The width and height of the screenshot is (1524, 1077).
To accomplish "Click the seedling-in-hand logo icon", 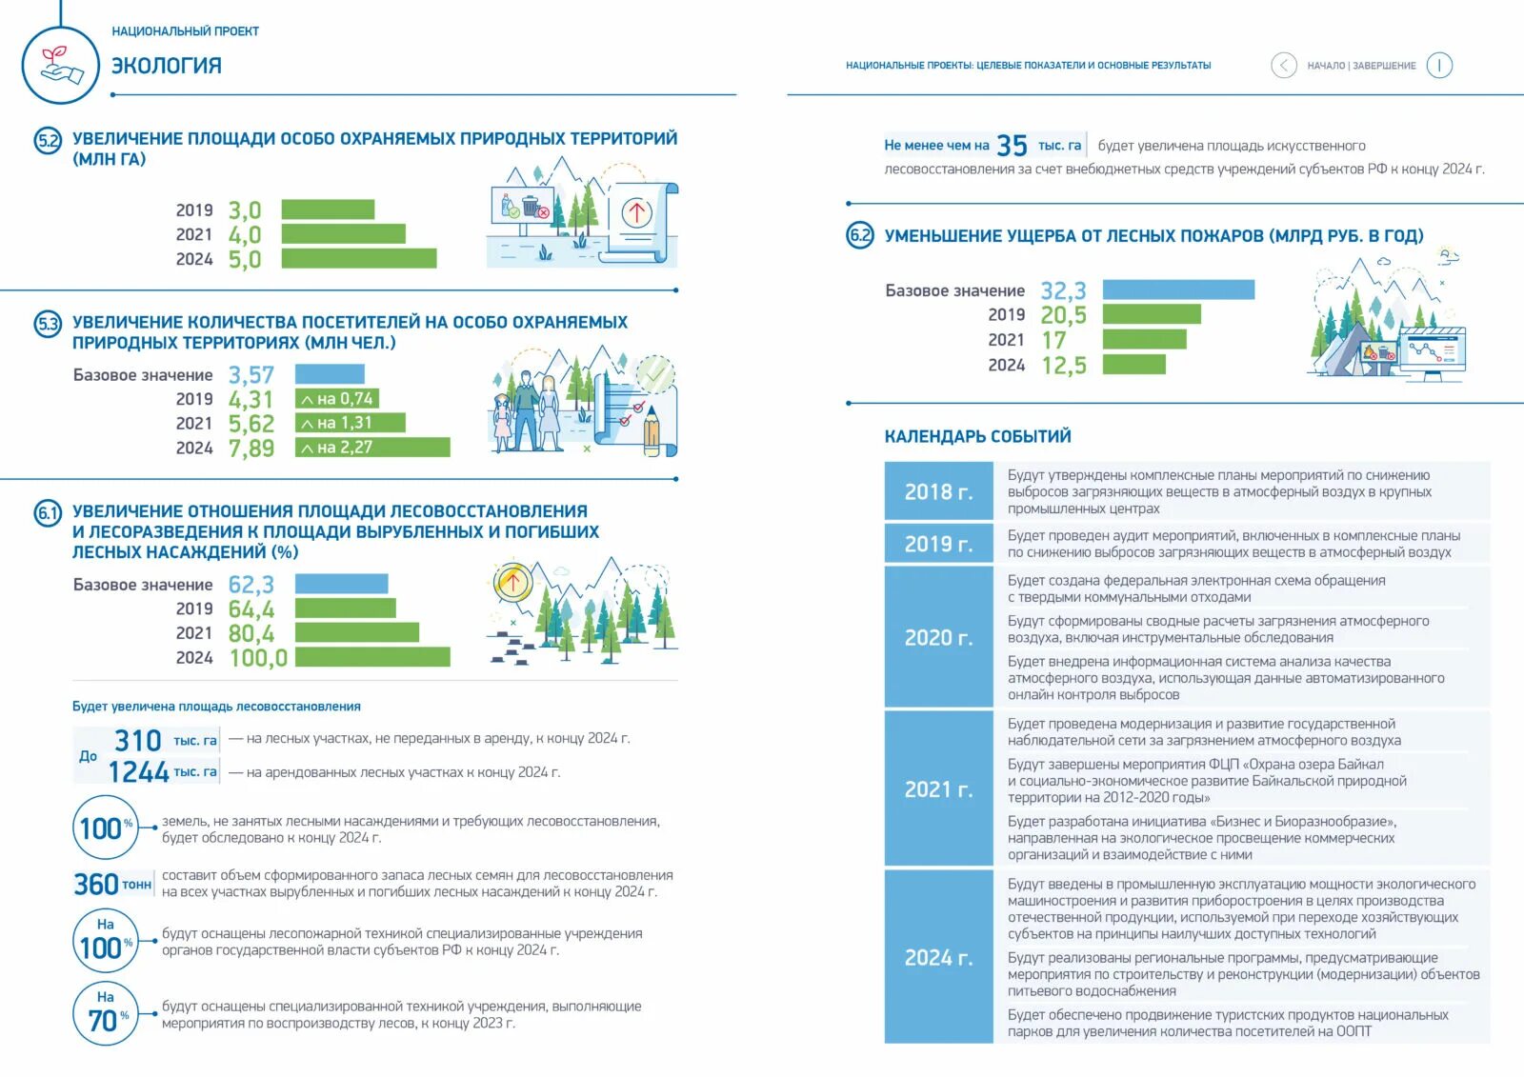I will coord(60,65).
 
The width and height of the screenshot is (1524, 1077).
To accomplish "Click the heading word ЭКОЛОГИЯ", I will coord(167,66).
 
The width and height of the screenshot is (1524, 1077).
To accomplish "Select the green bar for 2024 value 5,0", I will coord(359,258).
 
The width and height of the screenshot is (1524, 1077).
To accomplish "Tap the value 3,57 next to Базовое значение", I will coord(251,375).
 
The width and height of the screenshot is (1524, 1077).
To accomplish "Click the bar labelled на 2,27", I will coord(372,448).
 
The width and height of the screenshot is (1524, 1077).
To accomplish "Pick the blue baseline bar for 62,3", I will coord(341,584).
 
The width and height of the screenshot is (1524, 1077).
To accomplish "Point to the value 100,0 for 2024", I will coord(258,658).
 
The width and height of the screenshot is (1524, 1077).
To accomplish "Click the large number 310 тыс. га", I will coord(139,740).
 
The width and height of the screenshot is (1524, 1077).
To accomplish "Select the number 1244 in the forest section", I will coord(139,772).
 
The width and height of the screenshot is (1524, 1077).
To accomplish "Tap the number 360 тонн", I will coord(96,885).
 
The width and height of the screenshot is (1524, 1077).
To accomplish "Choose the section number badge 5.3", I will coord(48,325).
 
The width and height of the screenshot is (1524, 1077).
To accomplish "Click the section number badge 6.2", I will coord(860,235).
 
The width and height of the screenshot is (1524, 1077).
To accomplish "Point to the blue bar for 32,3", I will coord(1178,289).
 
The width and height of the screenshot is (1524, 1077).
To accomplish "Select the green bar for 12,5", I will coord(1133,365).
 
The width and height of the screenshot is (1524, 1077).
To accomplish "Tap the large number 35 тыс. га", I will coord(1012,146).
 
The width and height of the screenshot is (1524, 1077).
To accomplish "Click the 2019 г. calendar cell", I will coord(938,544).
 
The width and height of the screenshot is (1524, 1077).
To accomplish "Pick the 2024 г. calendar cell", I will coord(938,957).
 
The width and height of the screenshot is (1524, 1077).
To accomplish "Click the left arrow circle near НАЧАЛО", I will coord(1283,65).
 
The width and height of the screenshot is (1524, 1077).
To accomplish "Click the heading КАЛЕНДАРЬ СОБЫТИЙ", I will coord(977,436).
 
